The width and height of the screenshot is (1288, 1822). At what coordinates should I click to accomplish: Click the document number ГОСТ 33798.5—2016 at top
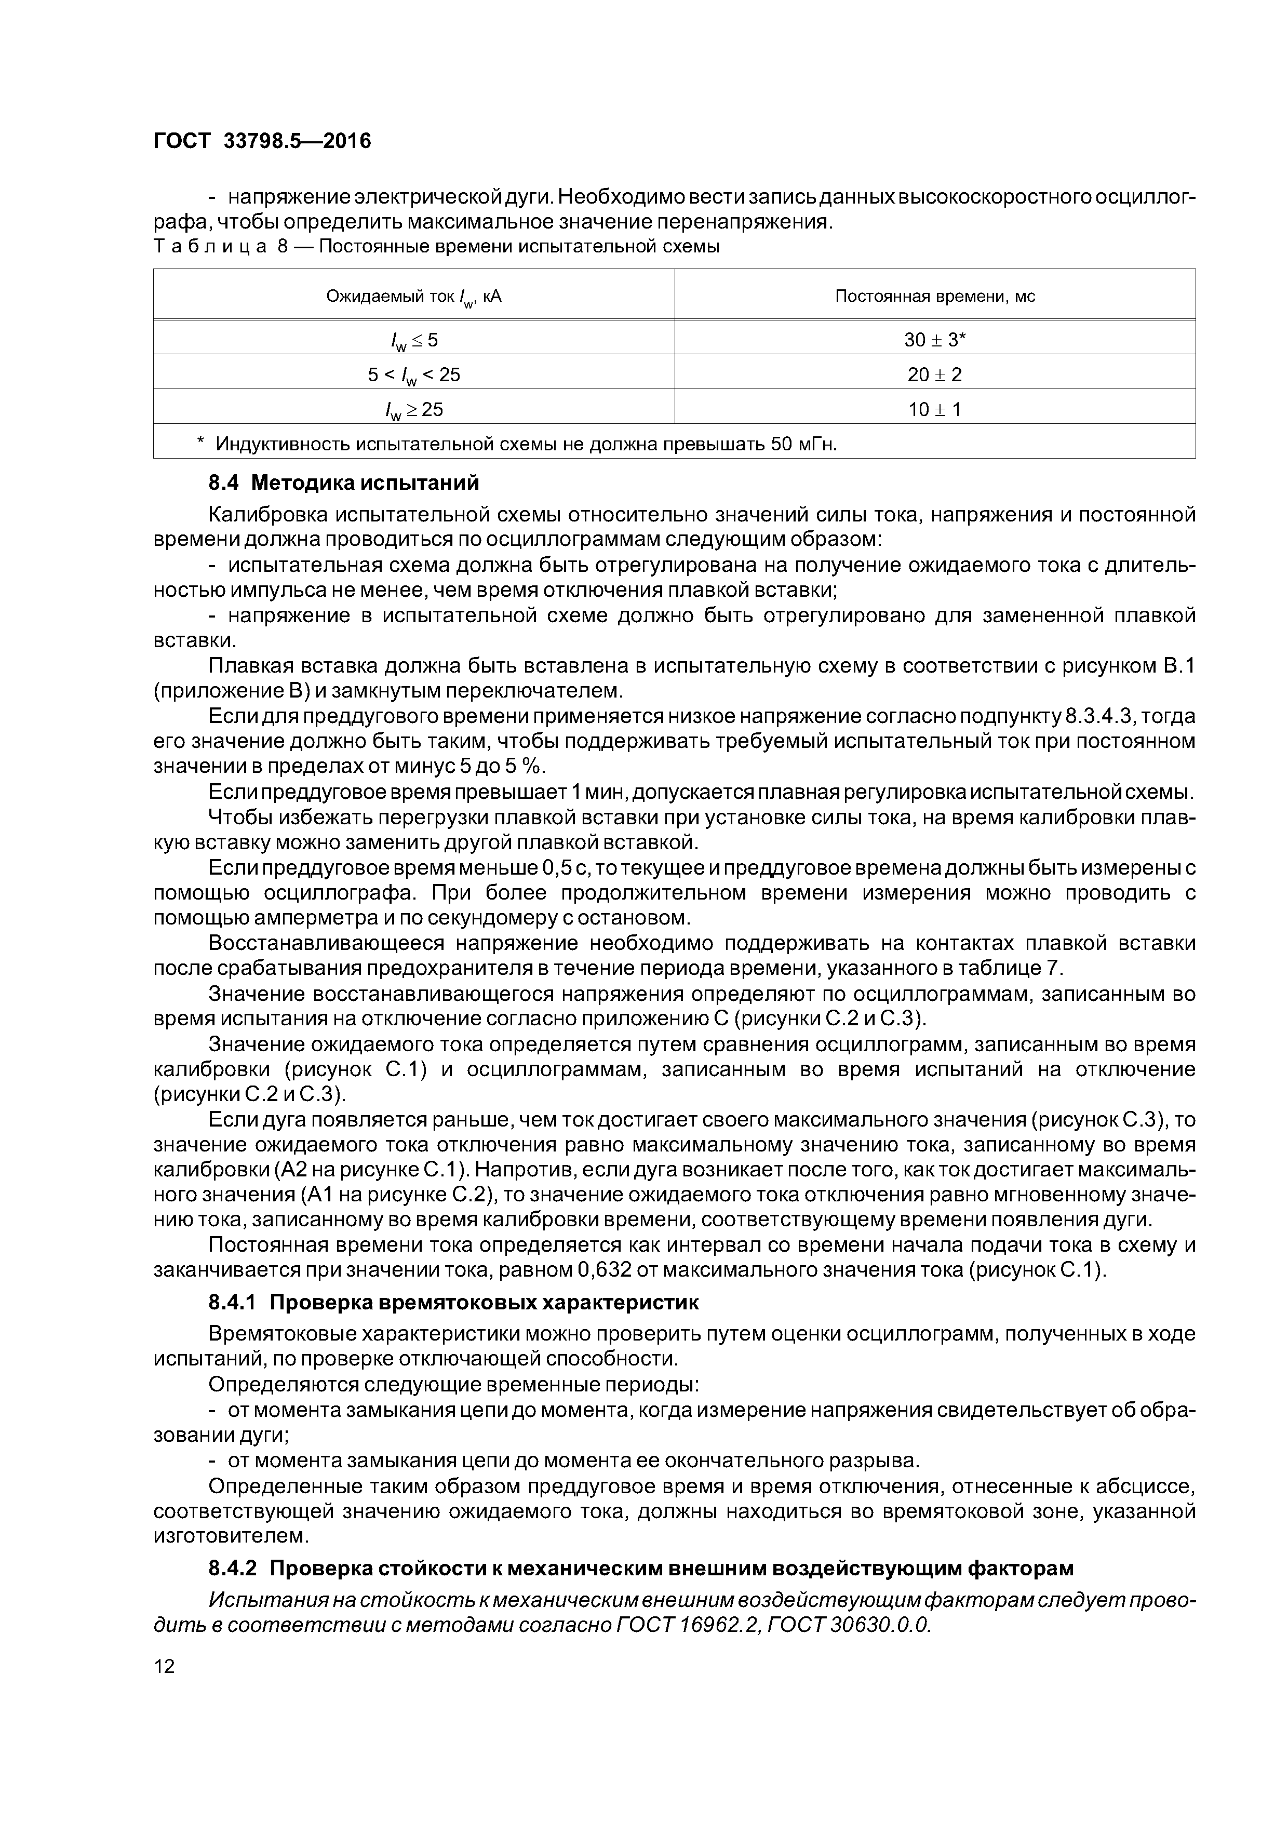coord(262,141)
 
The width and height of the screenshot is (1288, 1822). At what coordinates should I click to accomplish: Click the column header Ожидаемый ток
coord(413,297)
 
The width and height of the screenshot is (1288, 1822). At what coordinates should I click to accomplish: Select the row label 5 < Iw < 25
coord(413,374)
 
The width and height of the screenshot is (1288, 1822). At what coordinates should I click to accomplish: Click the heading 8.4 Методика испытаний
coord(344,483)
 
